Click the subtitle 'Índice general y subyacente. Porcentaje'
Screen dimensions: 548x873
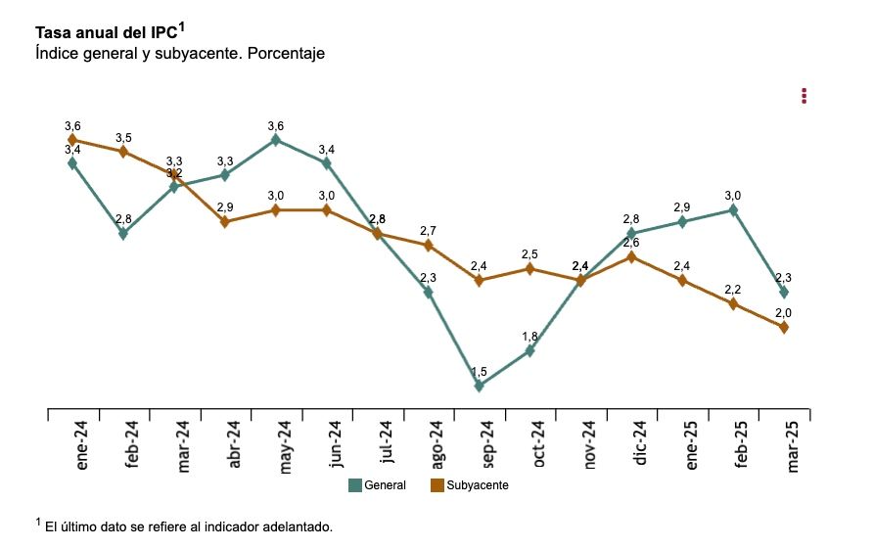click(x=179, y=54)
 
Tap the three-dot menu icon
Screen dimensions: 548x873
click(x=804, y=96)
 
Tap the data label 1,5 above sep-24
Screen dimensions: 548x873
click(x=479, y=372)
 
